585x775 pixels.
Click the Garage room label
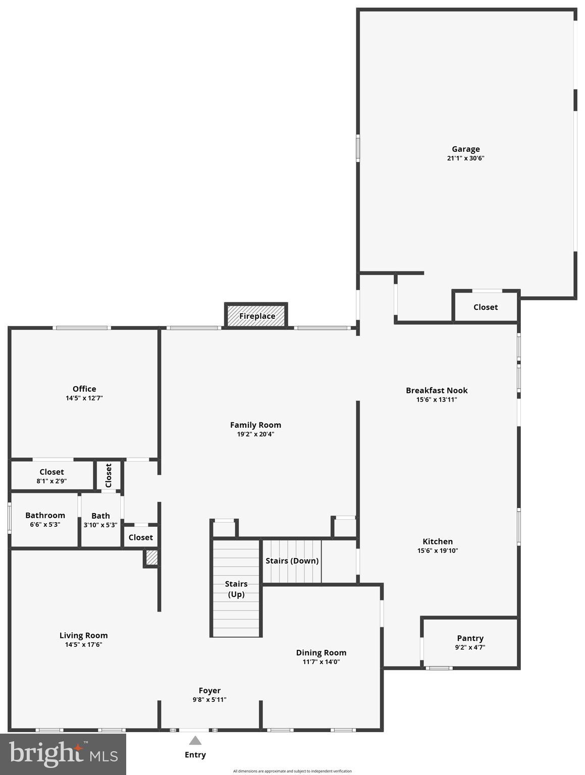coord(465,149)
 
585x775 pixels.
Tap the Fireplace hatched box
coord(256,316)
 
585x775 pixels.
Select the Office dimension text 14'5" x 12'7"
coord(84,398)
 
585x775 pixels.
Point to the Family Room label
coord(255,425)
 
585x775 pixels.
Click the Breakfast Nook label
coord(437,390)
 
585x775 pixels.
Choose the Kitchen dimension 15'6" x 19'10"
coord(438,551)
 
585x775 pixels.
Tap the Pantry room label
coord(470,638)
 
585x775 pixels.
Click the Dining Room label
coord(321,652)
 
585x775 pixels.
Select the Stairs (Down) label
coord(292,561)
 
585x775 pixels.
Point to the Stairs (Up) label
coord(236,589)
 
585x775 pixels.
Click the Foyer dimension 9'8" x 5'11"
coord(209,700)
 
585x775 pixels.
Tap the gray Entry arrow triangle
coord(195,741)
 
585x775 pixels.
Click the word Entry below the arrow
coord(195,755)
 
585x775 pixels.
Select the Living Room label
coord(84,635)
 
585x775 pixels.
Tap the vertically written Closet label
coord(109,475)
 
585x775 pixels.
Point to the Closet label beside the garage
coord(486,307)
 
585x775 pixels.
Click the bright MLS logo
coord(63,754)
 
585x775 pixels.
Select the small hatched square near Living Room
coord(151,558)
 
